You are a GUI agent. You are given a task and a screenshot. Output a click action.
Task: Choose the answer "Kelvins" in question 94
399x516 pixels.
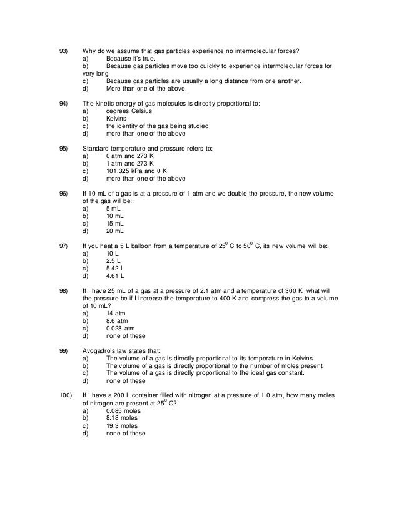click(x=117, y=119)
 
